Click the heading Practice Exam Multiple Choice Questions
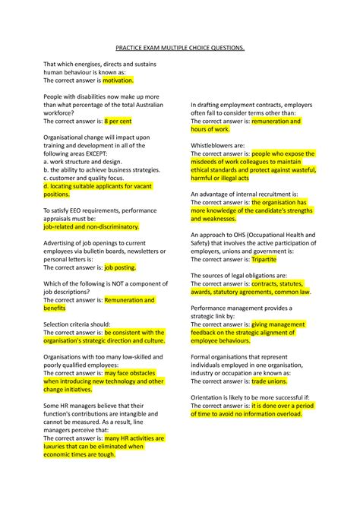[x=180, y=47]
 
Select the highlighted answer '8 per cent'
[x=118, y=121]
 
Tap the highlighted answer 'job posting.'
[x=119, y=268]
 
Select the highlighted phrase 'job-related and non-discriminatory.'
[x=91, y=226]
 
